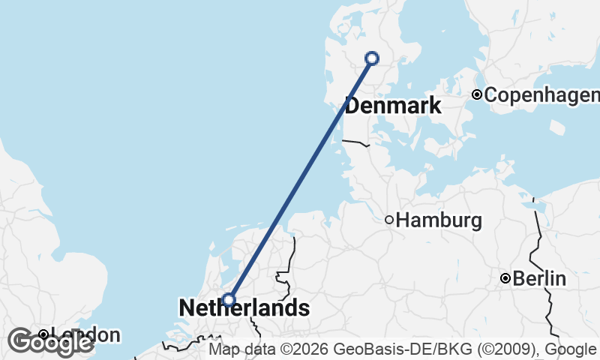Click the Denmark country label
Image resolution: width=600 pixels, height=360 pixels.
[x=393, y=106]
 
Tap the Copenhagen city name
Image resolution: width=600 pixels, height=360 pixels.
[x=541, y=95]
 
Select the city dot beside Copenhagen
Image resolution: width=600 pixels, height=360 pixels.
[x=477, y=94]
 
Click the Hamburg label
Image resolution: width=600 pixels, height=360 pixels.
[x=439, y=220]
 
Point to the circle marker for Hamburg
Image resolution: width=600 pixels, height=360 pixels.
[x=388, y=220]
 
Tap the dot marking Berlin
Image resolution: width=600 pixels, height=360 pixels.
[x=505, y=278]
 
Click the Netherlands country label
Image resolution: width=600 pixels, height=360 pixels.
[x=244, y=307]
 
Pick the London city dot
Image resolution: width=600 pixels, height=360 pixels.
[x=43, y=334]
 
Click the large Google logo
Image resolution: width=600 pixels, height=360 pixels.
[x=49, y=342]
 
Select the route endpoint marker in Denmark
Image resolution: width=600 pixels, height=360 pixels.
[x=371, y=58]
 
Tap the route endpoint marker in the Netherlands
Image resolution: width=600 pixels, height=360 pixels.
[x=229, y=300]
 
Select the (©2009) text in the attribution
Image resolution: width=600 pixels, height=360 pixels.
[x=511, y=349]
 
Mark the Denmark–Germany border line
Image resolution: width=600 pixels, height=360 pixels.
[x=357, y=142]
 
